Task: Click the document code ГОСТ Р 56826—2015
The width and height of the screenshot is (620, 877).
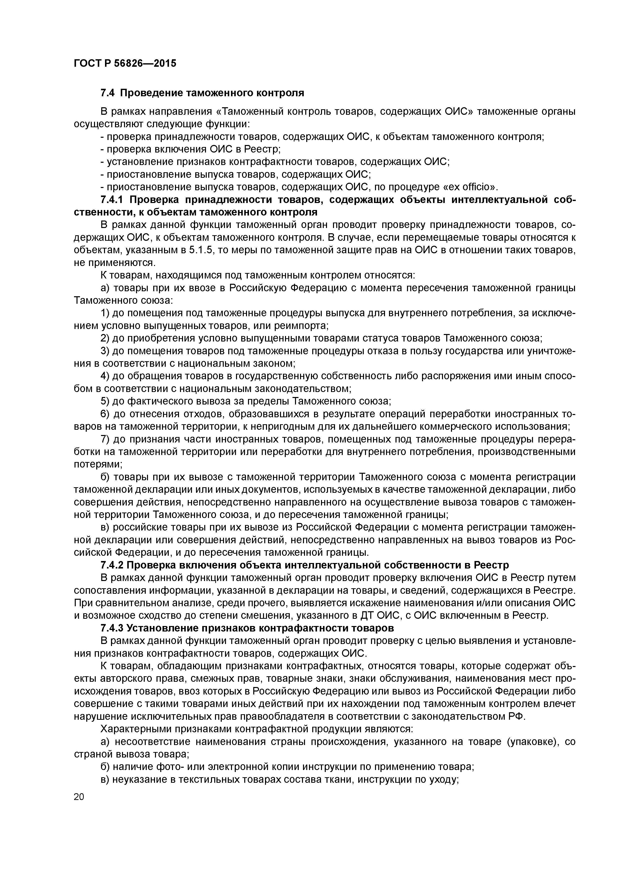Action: (125, 63)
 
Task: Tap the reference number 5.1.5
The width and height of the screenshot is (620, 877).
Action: (200, 250)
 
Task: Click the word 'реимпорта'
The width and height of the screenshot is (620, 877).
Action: (304, 326)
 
